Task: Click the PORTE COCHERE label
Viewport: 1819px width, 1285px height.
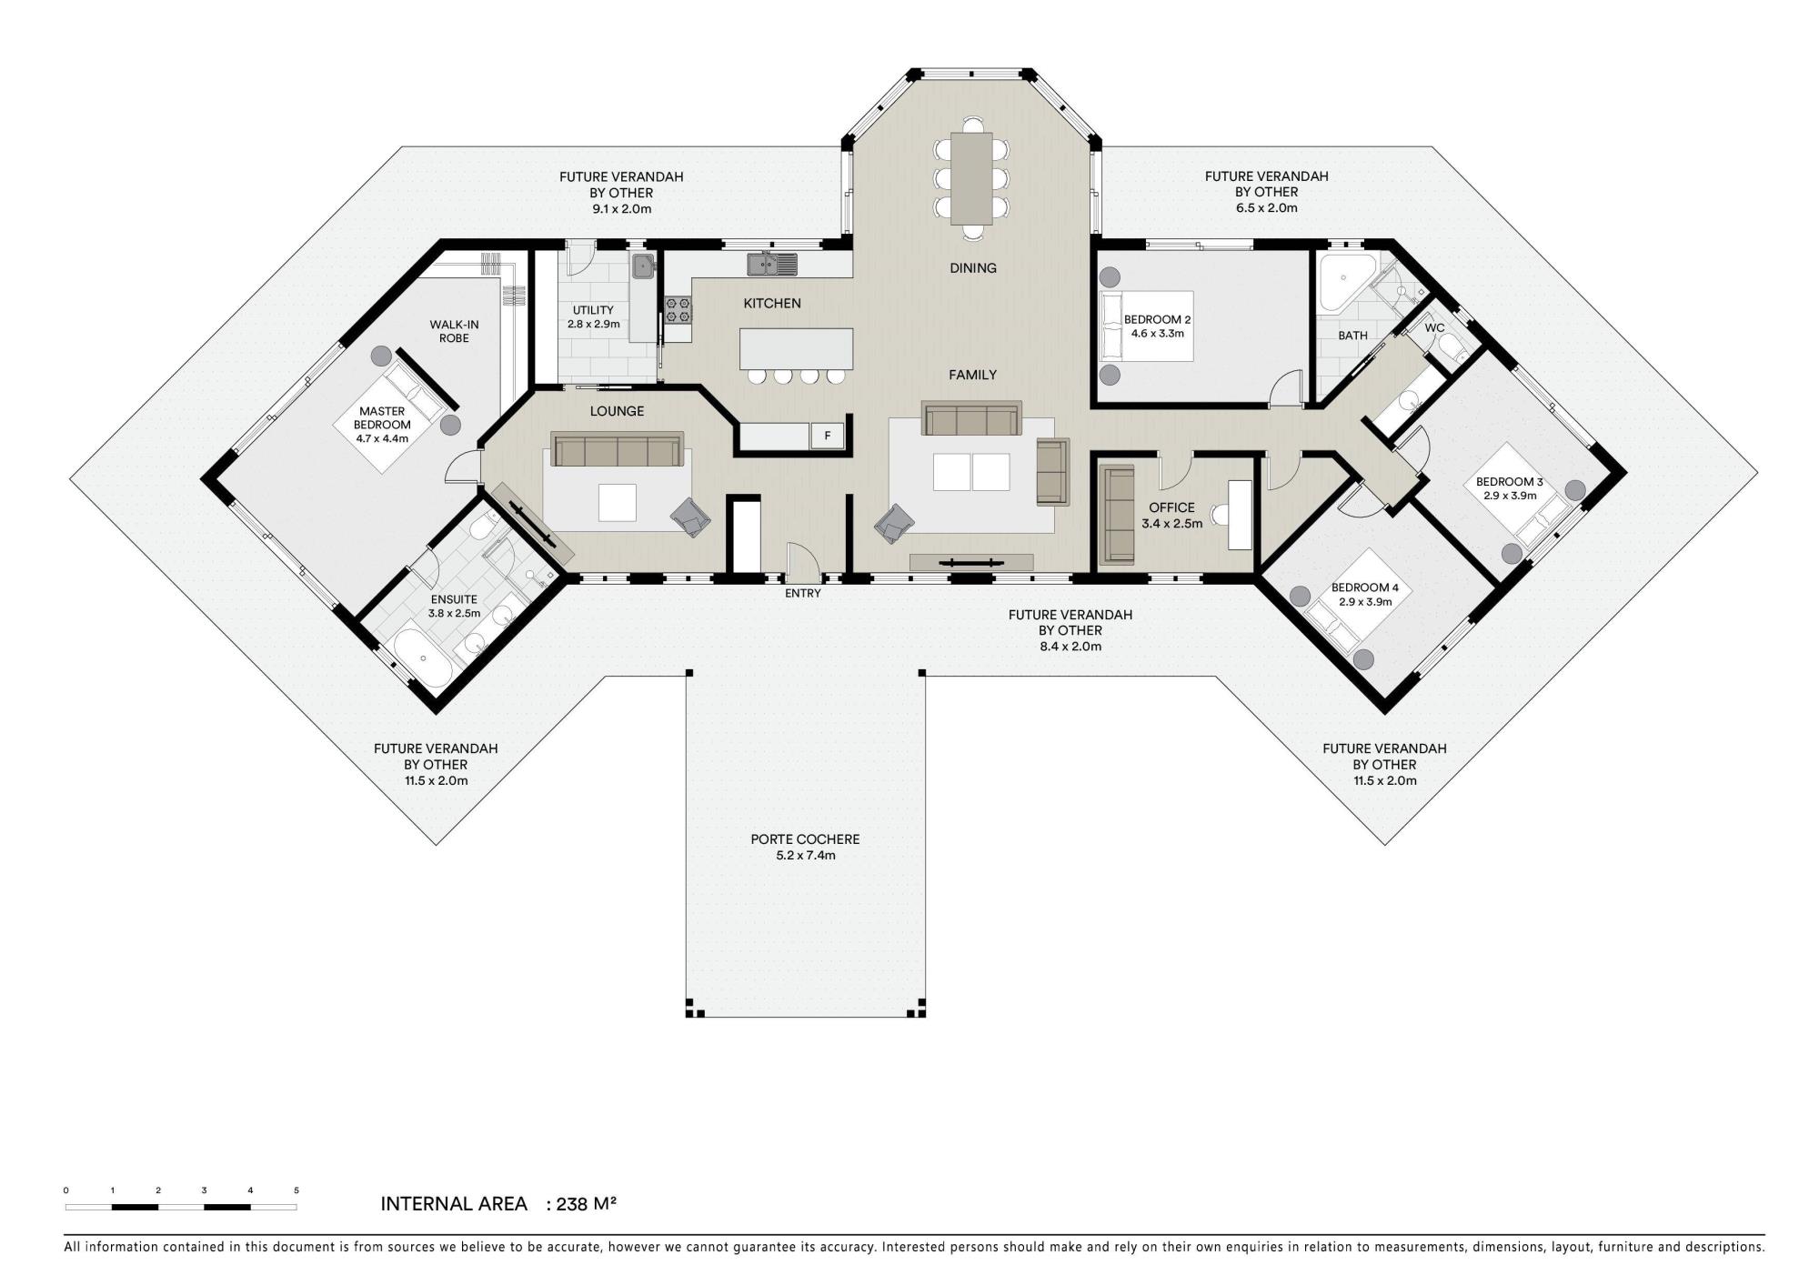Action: point(805,839)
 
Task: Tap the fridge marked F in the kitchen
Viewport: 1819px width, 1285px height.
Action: point(828,436)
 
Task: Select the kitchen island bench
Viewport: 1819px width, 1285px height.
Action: point(797,348)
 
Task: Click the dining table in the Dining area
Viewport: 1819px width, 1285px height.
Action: point(971,178)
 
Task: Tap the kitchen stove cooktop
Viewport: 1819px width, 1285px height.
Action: point(678,309)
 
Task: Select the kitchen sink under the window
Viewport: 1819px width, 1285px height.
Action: point(772,264)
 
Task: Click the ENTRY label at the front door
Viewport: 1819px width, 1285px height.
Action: point(803,594)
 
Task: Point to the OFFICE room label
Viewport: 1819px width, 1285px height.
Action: point(1171,507)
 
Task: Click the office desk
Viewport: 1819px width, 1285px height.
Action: point(1240,515)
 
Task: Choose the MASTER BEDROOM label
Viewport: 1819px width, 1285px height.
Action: point(382,418)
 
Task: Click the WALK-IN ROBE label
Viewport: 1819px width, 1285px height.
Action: point(454,331)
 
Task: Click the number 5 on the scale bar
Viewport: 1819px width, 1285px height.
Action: point(296,1190)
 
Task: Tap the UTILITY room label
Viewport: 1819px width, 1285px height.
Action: point(593,310)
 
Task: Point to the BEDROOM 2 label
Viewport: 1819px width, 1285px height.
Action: point(1157,319)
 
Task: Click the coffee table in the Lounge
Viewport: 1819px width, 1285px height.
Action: point(617,503)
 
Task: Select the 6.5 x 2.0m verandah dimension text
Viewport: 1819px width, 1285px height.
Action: point(1266,207)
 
